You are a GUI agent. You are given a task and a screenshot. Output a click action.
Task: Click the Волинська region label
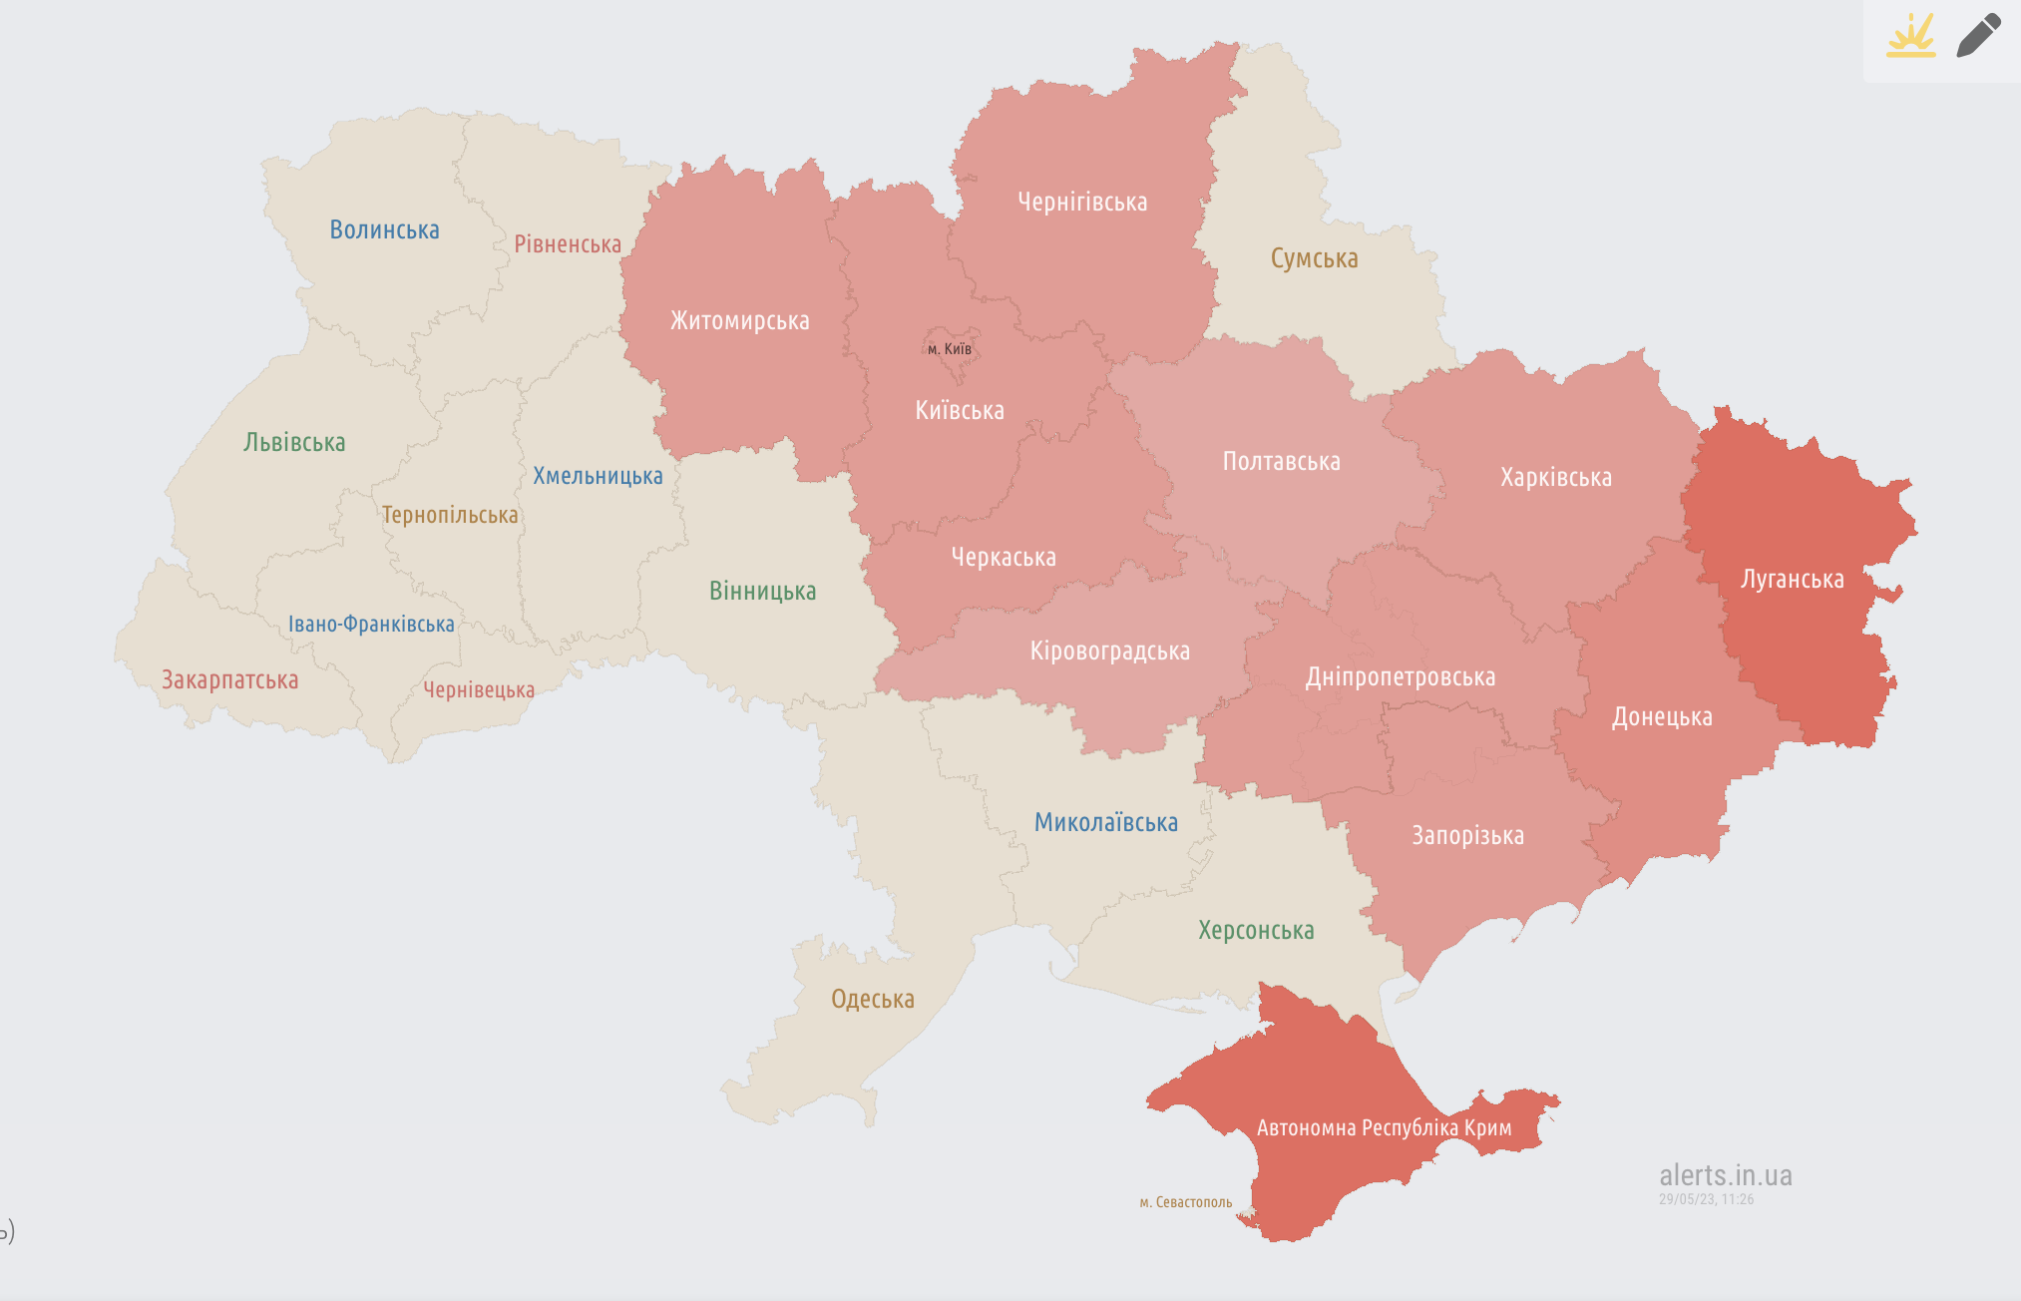tap(384, 229)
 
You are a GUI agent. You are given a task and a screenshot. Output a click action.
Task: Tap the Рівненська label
tap(567, 244)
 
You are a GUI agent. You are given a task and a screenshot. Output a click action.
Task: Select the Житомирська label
tap(739, 321)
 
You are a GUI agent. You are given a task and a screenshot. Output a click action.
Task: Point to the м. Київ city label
tap(949, 349)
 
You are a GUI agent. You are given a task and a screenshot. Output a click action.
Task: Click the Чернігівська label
tap(1082, 203)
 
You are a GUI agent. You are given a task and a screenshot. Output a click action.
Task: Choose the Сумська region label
tap(1314, 258)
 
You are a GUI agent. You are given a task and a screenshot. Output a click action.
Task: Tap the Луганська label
tap(1792, 580)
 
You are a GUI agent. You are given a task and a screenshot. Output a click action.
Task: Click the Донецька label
tap(1662, 717)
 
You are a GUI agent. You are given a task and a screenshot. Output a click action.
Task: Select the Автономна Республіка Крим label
tap(1384, 1128)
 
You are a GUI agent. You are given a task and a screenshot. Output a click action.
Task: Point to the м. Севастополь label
tap(1185, 1202)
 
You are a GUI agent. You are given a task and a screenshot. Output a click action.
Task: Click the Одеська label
tap(872, 999)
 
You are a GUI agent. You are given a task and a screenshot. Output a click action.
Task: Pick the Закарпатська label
tap(229, 680)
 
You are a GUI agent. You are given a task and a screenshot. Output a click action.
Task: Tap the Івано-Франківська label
tap(371, 625)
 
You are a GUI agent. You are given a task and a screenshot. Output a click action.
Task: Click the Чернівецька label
tap(479, 690)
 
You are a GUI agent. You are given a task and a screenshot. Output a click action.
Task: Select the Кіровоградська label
tap(1109, 651)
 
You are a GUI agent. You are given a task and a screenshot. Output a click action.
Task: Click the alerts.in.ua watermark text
tap(1725, 1175)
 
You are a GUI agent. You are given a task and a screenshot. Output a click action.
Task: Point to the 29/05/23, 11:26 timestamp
tap(1706, 1199)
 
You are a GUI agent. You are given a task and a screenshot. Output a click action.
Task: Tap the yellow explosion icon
tap(1910, 36)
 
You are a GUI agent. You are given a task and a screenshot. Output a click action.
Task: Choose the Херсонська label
tap(1256, 931)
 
